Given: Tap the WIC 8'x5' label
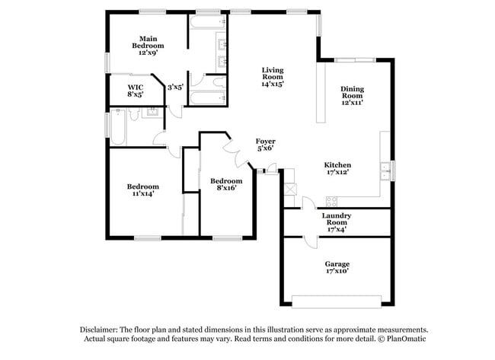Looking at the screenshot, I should point(136,91).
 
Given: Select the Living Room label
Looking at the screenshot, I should point(273,76).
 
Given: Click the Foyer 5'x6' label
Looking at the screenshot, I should point(265,145).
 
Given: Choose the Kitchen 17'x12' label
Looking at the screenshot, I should point(337,167).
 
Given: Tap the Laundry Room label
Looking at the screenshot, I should point(336,220).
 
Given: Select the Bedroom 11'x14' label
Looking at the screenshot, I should point(142,190).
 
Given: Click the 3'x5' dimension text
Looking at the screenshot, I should point(176,87).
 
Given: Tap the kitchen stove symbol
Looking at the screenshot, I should point(331,201).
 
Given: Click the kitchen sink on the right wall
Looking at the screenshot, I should point(386,169).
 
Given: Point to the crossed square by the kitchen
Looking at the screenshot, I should point(289,189).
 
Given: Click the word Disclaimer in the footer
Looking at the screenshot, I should point(102,330).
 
